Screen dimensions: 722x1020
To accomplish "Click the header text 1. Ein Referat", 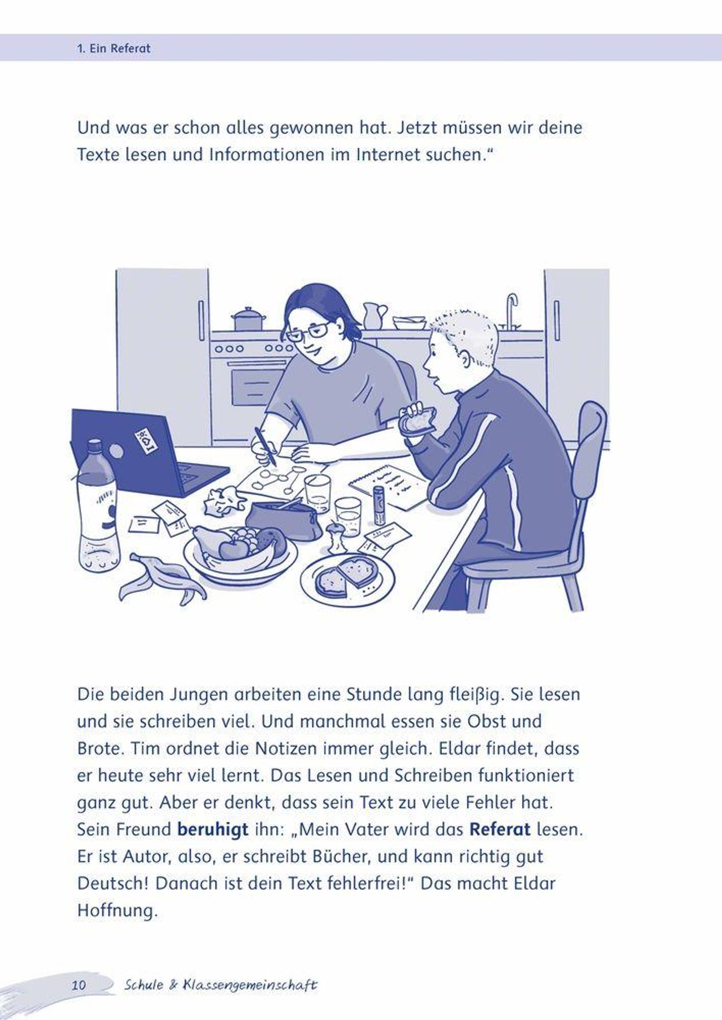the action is (x=114, y=48).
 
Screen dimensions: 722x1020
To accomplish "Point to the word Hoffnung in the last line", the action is (x=117, y=910).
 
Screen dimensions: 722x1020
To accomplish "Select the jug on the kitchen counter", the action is (x=374, y=315).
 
